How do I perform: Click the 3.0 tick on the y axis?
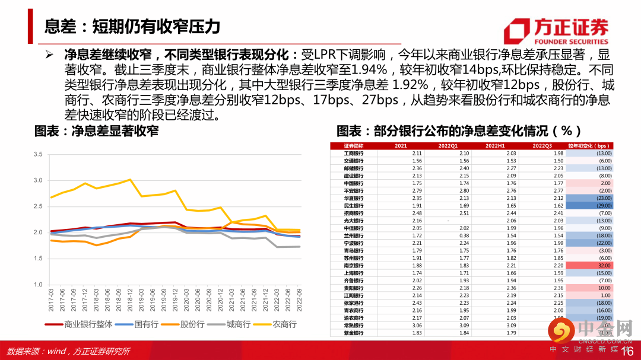[39, 180]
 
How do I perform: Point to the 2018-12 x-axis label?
[130, 300]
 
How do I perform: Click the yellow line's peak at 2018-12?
[130, 179]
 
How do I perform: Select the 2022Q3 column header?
[542, 146]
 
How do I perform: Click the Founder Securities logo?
[556, 31]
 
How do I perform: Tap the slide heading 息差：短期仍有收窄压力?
[132, 27]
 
